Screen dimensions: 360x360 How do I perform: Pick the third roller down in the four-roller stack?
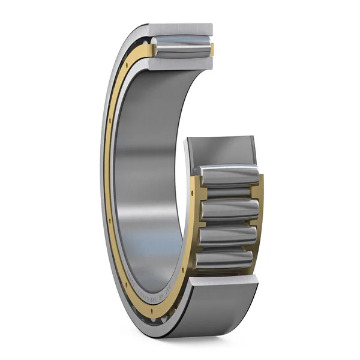228,235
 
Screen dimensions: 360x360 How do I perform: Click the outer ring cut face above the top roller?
180,29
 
